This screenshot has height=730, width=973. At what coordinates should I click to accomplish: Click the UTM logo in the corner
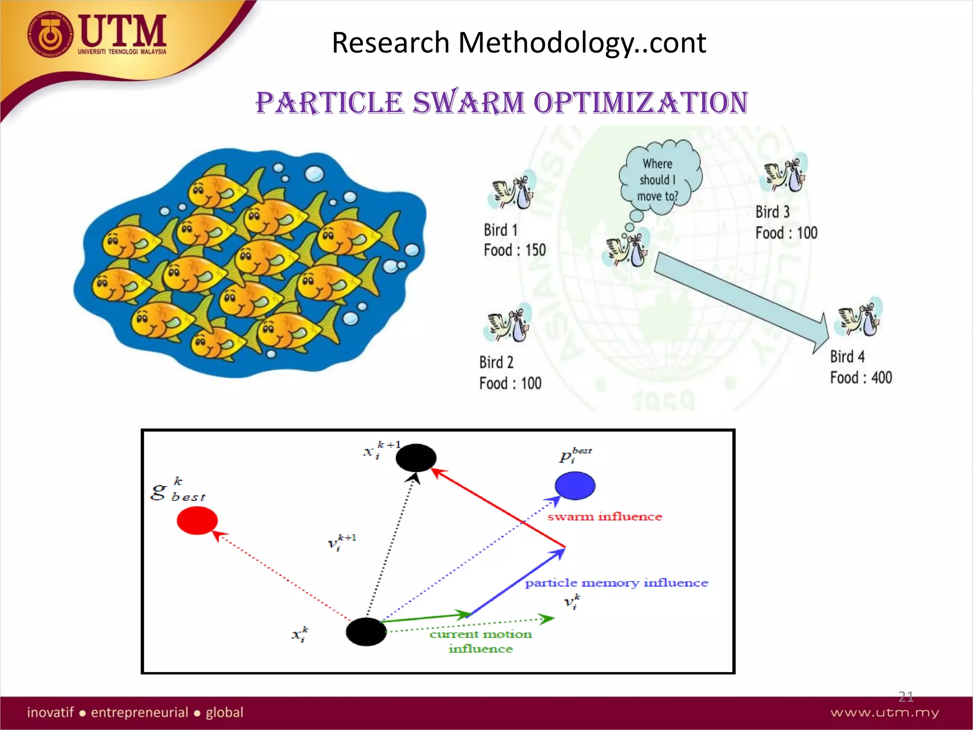(97, 36)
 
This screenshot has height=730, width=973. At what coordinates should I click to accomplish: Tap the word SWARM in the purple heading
(468, 103)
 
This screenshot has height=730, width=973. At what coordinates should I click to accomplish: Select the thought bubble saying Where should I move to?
(659, 178)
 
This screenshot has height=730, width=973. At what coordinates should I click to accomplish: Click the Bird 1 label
(500, 230)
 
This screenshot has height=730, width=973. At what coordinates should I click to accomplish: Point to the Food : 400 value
(861, 378)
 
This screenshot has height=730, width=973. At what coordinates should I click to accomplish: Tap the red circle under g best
(197, 520)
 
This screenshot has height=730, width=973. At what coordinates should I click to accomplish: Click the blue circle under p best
(575, 485)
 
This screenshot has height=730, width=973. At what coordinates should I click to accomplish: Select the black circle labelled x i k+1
(416, 458)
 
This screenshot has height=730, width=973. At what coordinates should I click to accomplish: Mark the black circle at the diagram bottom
(366, 632)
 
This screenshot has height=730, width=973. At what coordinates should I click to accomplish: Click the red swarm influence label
(604, 517)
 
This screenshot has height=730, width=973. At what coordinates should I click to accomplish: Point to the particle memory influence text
(616, 583)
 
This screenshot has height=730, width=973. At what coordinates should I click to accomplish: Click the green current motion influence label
(481, 641)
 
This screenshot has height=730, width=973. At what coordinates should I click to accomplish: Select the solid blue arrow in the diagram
(518, 582)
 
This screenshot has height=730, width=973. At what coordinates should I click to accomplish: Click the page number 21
(906, 697)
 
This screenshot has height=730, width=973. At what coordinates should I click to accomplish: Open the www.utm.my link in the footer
(885, 712)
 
